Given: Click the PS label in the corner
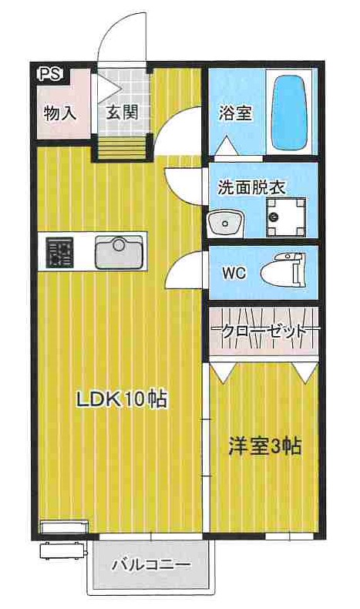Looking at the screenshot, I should [x=50, y=74].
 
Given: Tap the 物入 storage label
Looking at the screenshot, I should [x=59, y=113].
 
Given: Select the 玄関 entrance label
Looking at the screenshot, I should [x=121, y=113].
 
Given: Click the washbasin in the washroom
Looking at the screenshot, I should [x=225, y=222].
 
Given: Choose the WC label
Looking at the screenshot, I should [x=234, y=274].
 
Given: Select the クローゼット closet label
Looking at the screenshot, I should [x=263, y=330].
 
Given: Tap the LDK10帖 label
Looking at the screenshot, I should [x=121, y=399].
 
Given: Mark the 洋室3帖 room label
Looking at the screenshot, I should [x=263, y=446].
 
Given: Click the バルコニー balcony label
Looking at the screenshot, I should [x=151, y=565].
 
